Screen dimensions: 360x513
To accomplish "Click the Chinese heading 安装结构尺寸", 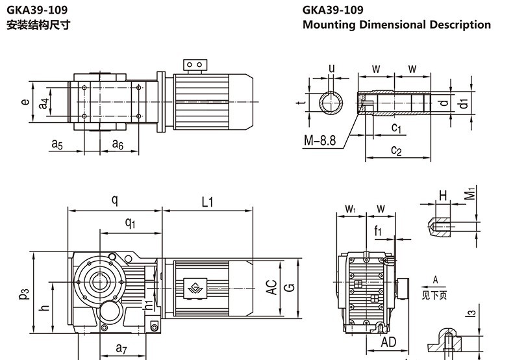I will pyautogui.click(x=38, y=25).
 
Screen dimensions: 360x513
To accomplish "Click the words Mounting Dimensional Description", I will pyautogui.click(x=396, y=25).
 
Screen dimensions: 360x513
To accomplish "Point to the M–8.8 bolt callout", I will pyautogui.click(x=319, y=140).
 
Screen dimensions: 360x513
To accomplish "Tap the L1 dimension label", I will pyautogui.click(x=207, y=202).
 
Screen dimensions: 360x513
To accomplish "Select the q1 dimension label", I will pyautogui.click(x=131, y=223).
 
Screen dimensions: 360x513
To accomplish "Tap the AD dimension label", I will pyautogui.click(x=388, y=342).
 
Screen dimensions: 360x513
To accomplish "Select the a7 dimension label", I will pyautogui.click(x=121, y=349).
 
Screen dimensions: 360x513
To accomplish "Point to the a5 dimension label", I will pyautogui.click(x=57, y=144).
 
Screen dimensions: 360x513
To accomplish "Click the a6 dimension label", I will pyautogui.click(x=117, y=144).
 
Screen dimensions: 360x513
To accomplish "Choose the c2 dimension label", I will pyautogui.click(x=396, y=151).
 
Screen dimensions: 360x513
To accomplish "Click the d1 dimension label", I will pyautogui.click(x=462, y=103).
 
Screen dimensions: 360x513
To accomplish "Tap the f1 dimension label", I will pyautogui.click(x=378, y=229).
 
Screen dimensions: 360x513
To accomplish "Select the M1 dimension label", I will pyautogui.click(x=470, y=194).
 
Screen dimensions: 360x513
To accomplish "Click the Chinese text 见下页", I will pyautogui.click(x=436, y=296).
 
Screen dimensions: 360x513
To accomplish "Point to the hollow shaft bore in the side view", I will pyautogui.click(x=100, y=282).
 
